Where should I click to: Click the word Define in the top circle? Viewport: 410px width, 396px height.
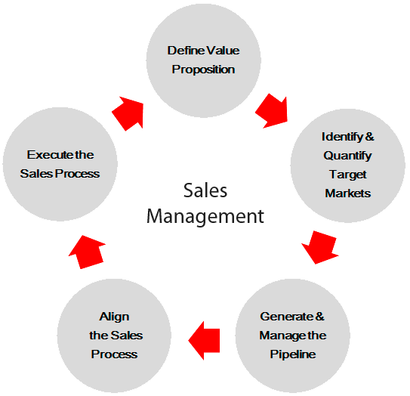point(186,51)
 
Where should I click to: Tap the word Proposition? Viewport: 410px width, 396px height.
point(203,70)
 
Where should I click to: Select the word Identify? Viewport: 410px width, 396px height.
point(342,137)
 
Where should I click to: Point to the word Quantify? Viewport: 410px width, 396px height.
point(347,156)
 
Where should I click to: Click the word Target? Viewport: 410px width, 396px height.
point(348,175)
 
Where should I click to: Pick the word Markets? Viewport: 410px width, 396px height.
point(348,193)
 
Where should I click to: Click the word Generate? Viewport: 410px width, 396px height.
point(287,317)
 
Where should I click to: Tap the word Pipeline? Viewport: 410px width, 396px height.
point(293,354)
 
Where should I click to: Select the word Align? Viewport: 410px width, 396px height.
point(114,317)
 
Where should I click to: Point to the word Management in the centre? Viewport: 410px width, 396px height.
point(205,217)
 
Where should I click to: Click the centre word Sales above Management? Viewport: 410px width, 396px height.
point(205,190)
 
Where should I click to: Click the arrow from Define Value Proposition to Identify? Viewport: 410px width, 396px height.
point(272,111)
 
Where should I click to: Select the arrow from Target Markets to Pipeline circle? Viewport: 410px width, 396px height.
point(320,247)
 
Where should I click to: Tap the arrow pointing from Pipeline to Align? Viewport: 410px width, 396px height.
point(204,341)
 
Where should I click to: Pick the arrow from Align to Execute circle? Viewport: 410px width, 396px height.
point(87,252)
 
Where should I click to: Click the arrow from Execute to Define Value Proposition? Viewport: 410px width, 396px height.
point(128,113)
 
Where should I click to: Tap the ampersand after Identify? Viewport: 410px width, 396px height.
point(370,137)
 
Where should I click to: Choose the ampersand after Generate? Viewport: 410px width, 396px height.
point(320,317)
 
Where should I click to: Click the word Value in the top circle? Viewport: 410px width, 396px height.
point(223,51)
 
